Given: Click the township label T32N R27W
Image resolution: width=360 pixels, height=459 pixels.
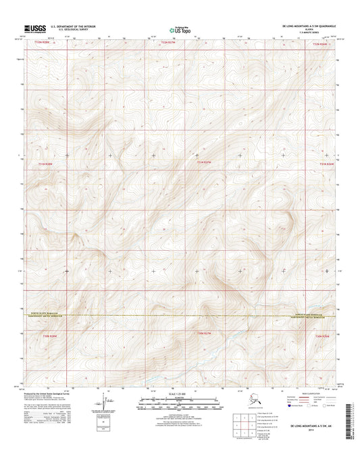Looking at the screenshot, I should coord(169,43).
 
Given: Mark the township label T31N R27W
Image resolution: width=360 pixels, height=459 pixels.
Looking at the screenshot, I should coord(204,163).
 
